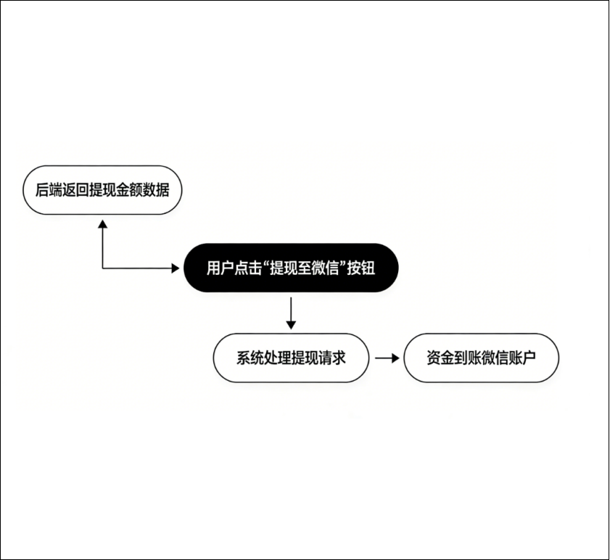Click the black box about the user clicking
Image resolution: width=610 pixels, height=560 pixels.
(291, 268)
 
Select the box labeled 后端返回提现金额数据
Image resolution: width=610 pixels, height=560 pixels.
(102, 191)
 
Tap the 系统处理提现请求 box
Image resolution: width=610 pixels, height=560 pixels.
(291, 358)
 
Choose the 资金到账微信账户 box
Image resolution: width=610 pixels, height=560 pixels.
(482, 358)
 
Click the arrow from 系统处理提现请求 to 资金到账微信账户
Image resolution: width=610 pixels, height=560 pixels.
(387, 358)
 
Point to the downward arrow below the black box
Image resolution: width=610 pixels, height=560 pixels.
(291, 311)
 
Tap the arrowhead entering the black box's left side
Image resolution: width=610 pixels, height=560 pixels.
(173, 268)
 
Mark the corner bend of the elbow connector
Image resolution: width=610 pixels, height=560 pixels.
(102, 268)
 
